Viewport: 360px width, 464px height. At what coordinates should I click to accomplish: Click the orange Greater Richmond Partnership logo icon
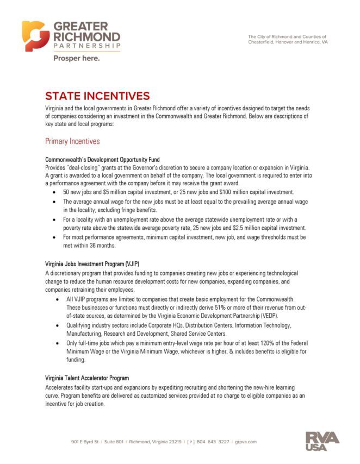pyautogui.click(x=34, y=36)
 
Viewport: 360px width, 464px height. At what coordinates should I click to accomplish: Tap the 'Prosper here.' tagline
pyautogui.click(x=76, y=58)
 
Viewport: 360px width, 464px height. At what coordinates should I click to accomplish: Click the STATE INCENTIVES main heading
pyautogui.click(x=97, y=96)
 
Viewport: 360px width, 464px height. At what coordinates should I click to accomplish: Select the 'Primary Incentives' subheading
pyautogui.click(x=72, y=141)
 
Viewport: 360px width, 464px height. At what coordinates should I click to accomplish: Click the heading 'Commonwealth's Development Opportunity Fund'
pyautogui.click(x=102, y=160)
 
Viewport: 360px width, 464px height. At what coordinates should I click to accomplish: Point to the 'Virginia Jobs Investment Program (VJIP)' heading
pyautogui.click(x=96, y=264)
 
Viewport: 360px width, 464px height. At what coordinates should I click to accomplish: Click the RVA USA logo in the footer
pyautogui.click(x=322, y=441)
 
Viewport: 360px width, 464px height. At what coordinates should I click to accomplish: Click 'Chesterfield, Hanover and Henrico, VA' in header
pyautogui.click(x=288, y=42)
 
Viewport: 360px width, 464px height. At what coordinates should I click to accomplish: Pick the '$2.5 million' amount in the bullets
pyautogui.click(x=237, y=228)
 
